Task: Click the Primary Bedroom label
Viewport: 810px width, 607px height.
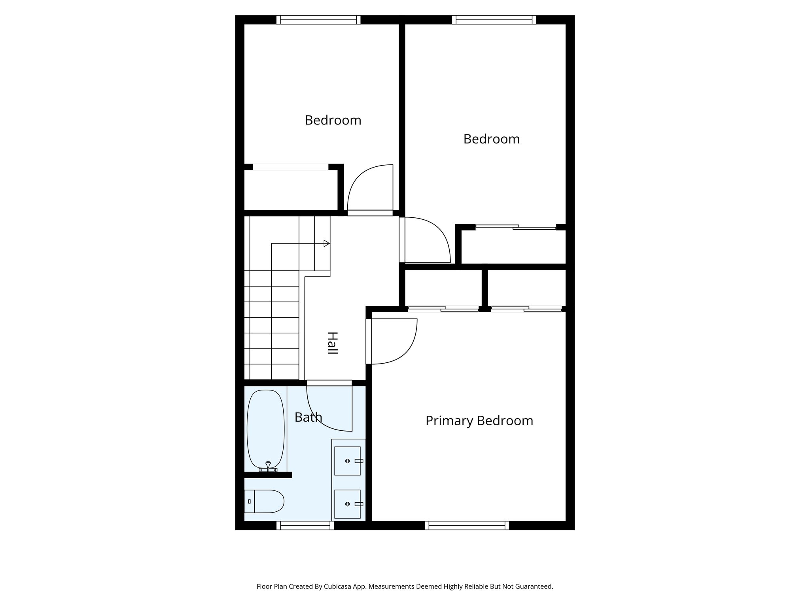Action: pyautogui.click(x=479, y=420)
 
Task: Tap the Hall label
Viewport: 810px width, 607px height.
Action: pyautogui.click(x=333, y=343)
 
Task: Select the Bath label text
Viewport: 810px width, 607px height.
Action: pyautogui.click(x=308, y=417)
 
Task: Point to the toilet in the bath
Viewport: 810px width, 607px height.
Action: pyautogui.click(x=264, y=501)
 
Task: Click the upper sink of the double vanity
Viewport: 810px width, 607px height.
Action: pyautogui.click(x=347, y=461)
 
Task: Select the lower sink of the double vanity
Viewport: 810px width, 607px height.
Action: pyautogui.click(x=347, y=504)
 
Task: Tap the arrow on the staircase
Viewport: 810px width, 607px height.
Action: pyautogui.click(x=326, y=243)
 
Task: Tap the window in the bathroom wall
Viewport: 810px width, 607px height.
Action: pyautogui.click(x=305, y=525)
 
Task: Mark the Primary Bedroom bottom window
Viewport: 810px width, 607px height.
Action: pyautogui.click(x=467, y=525)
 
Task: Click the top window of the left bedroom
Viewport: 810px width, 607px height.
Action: pyautogui.click(x=318, y=20)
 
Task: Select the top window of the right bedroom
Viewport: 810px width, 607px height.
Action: pyautogui.click(x=494, y=20)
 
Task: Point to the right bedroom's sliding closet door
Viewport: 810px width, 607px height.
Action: pyautogui.click(x=516, y=227)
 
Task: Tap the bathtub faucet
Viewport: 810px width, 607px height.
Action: pyautogui.click(x=268, y=466)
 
